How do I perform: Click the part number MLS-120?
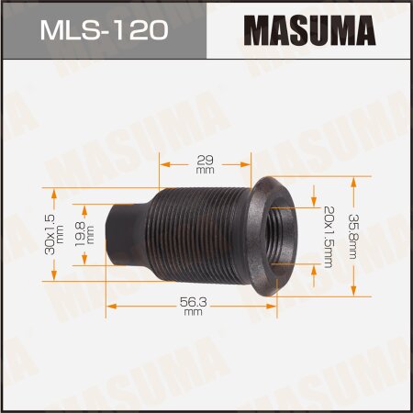(x=103, y=31)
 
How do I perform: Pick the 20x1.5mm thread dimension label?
(x=327, y=234)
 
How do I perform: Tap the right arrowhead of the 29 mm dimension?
(x=249, y=165)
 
